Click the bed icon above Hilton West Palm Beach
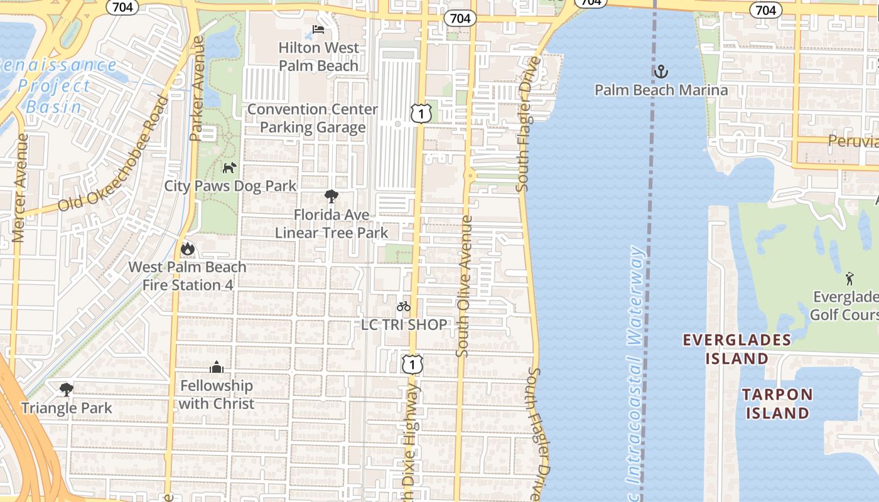318,29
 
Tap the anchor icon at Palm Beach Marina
661,72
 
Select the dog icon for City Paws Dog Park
230,168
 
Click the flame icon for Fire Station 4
187,249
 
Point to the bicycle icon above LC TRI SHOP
403,306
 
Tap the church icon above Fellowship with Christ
217,367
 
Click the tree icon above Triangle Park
66,390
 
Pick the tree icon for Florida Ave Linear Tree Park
331,196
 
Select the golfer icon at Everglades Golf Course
849,278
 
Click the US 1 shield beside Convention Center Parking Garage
421,113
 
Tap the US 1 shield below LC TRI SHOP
412,363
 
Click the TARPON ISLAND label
777,403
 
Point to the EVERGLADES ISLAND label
736,349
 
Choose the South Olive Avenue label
465,286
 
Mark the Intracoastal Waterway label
635,364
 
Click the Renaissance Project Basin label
57,86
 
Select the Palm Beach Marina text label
661,90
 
